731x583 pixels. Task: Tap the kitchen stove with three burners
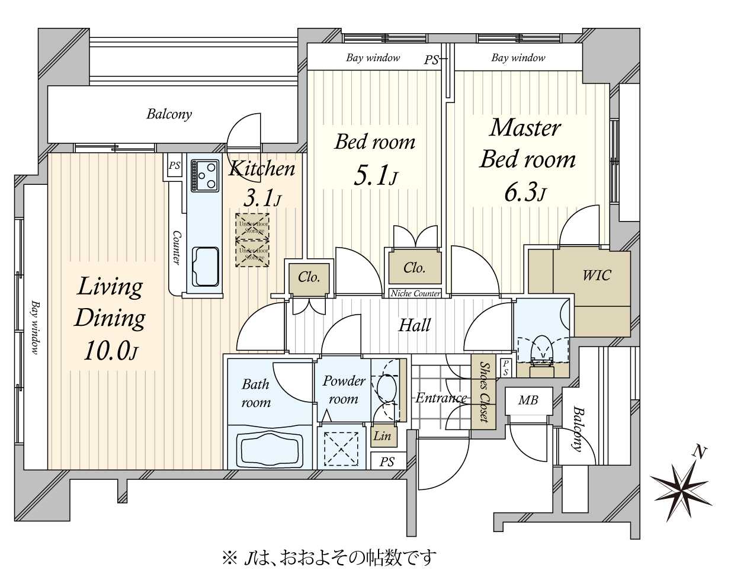[x=204, y=175]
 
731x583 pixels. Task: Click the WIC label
[x=596, y=275]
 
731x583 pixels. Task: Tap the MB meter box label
[x=528, y=401]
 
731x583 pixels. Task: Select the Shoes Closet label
[x=484, y=392]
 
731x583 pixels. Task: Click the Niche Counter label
[x=415, y=293]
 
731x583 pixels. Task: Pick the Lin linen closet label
[x=382, y=436]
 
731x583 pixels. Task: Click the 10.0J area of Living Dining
[x=110, y=351]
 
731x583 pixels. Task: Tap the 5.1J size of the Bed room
[x=374, y=176]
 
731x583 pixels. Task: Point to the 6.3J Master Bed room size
[x=524, y=193]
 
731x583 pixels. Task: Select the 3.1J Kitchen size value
[x=261, y=197]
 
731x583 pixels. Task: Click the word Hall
[x=414, y=325]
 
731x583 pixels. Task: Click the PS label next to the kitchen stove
[x=174, y=166]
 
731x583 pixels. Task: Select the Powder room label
[x=344, y=390]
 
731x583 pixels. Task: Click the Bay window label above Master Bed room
[x=518, y=57]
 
